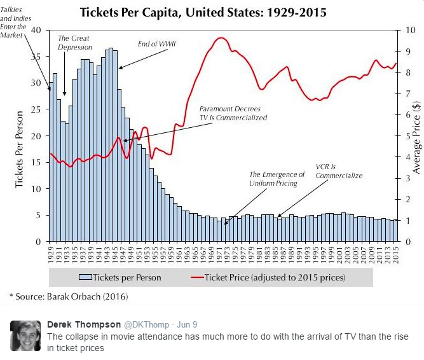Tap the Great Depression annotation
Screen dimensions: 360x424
click(x=74, y=43)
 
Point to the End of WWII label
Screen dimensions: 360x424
click(x=157, y=44)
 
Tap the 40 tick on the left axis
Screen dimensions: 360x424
click(x=36, y=30)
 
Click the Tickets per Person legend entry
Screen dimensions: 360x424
click(x=120, y=277)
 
